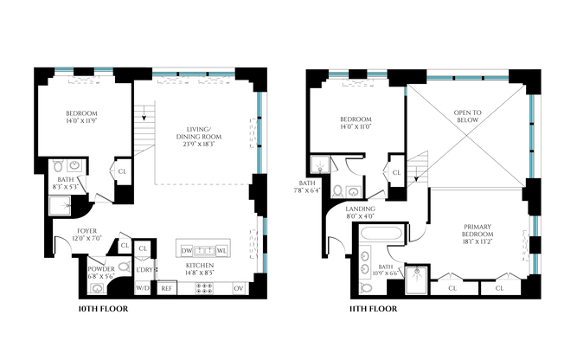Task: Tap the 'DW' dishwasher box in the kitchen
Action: coord(187,250)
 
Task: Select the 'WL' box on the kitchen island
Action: coord(221,250)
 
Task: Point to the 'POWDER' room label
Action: coord(100,268)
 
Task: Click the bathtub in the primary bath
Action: coord(377,235)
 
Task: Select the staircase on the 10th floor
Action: coord(145,113)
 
